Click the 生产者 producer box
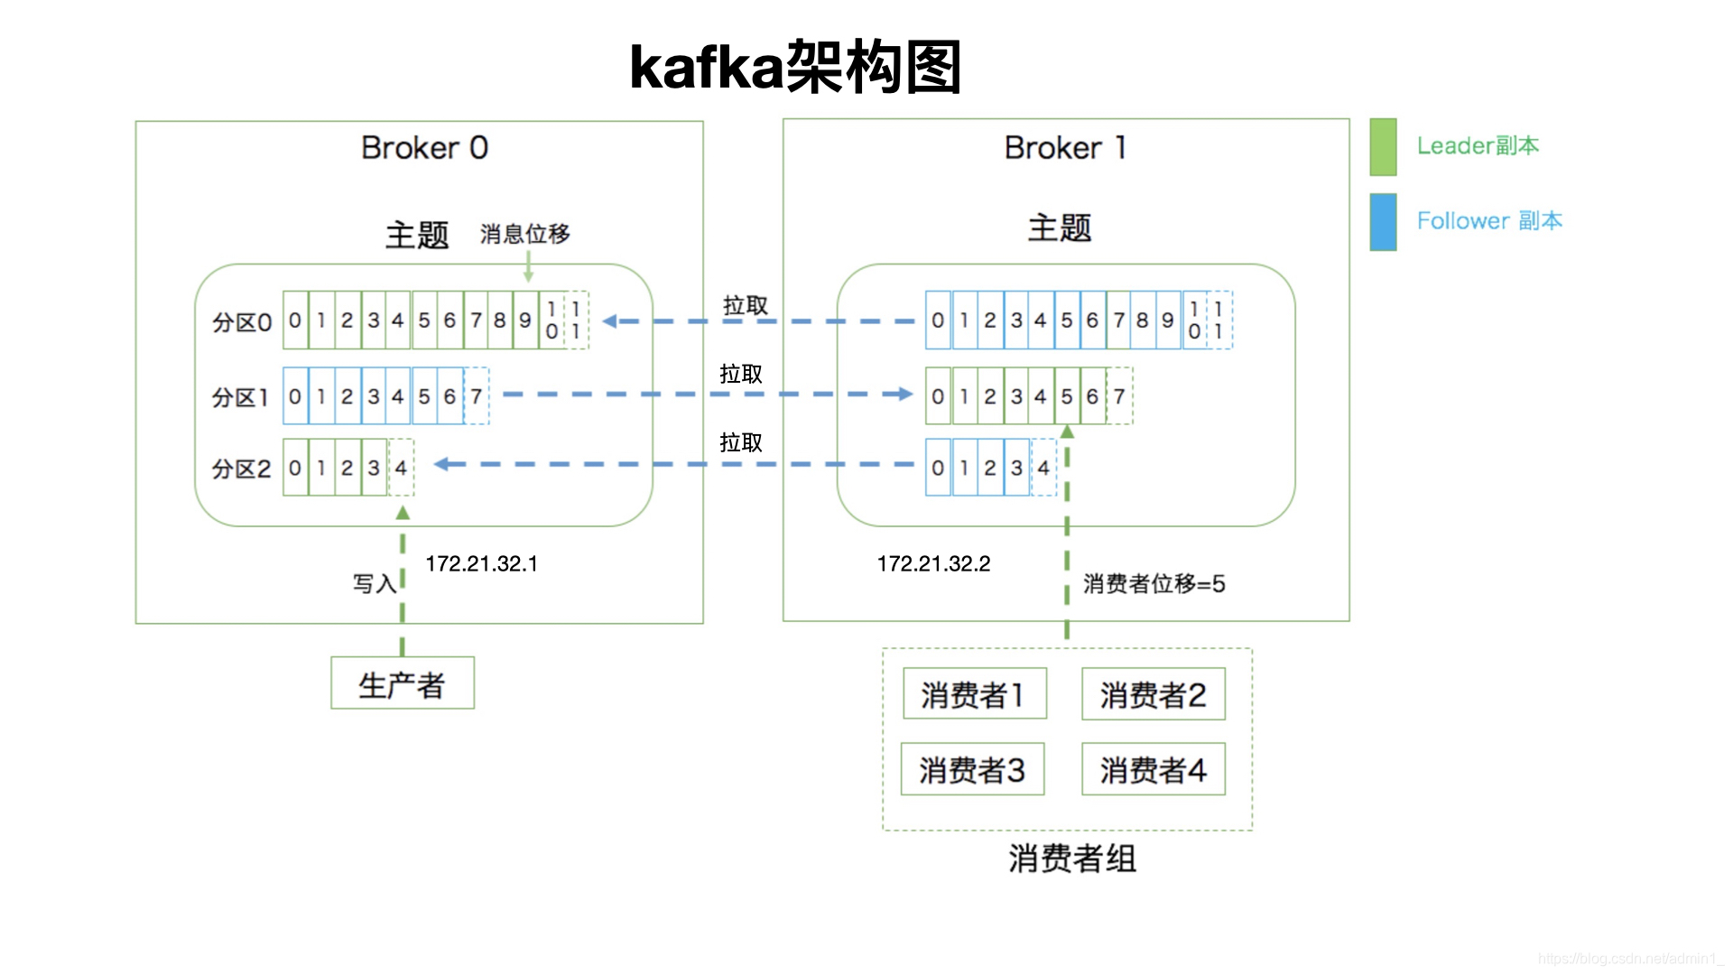click(x=402, y=683)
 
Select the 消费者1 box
click(x=974, y=694)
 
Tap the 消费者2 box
click(x=1153, y=694)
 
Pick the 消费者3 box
click(x=972, y=769)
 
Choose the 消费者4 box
click(x=1153, y=769)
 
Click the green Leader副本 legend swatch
click(x=1382, y=146)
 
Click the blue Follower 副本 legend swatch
click(x=1382, y=221)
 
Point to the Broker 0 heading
click(x=424, y=147)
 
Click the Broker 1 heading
click(x=1065, y=147)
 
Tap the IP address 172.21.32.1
click(x=481, y=564)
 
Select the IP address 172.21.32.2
click(x=933, y=564)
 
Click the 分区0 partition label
click(x=241, y=322)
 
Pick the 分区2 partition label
click(x=241, y=469)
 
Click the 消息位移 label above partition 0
click(x=524, y=234)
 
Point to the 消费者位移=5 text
click(x=1154, y=584)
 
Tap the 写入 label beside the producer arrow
click(x=374, y=584)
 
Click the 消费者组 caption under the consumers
click(x=1071, y=859)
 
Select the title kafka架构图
click(x=795, y=68)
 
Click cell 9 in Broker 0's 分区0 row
click(x=525, y=320)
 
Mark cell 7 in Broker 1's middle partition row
click(x=1119, y=396)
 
